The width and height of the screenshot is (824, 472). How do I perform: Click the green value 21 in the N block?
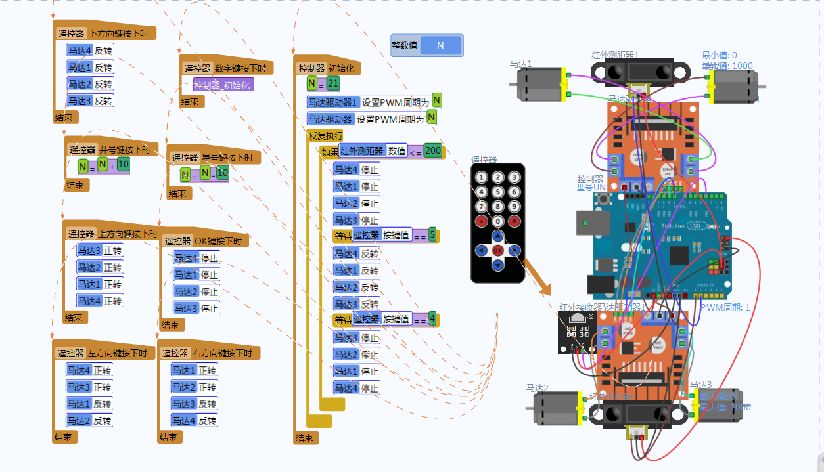coord(333,83)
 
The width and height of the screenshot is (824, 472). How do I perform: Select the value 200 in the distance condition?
coord(433,150)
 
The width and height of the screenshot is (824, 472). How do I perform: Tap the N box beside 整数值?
coord(440,45)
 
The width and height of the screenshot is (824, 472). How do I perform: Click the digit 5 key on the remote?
coord(498,192)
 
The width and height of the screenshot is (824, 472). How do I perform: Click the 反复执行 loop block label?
coord(326,136)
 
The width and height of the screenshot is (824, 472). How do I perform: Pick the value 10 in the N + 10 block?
coord(124,164)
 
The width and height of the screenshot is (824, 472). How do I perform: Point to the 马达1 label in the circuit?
coord(520,64)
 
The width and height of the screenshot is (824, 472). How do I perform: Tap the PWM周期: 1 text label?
coord(725,307)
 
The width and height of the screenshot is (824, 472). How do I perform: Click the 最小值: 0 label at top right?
coord(720,55)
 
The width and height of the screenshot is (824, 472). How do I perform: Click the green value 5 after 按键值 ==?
coord(432,234)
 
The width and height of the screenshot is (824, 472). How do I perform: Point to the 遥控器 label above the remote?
coord(484,159)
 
